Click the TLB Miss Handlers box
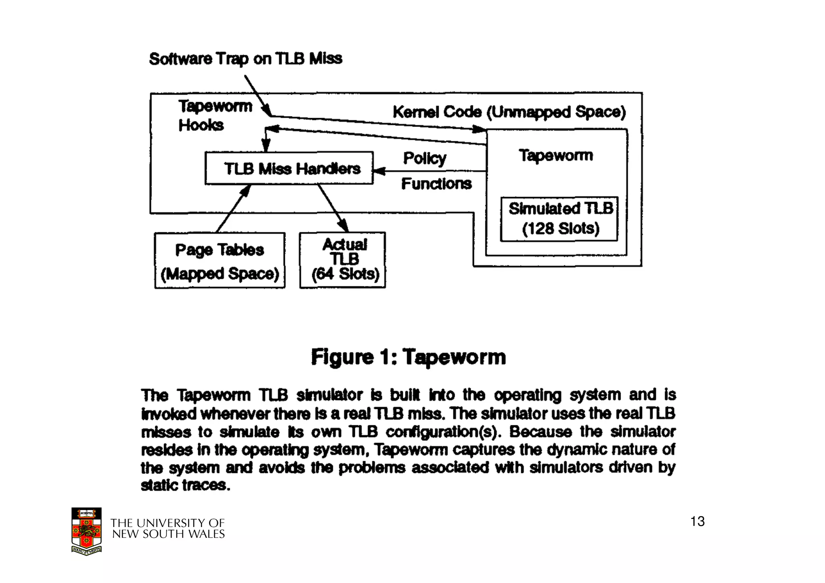tap(289, 168)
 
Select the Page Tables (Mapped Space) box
tap(220, 261)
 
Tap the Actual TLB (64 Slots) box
tap(343, 260)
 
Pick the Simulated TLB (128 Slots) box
tap(559, 219)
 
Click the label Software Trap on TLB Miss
tap(246, 59)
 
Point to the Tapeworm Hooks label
tap(215, 116)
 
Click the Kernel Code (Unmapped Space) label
tap(509, 112)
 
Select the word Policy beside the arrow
tap(425, 158)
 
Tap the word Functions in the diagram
tap(436, 184)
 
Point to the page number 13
tap(697, 521)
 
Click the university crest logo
tap(86, 531)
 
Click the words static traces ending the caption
tap(185, 485)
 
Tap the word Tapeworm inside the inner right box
tap(556, 156)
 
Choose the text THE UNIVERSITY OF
tap(168, 523)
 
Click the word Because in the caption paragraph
tap(540, 432)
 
